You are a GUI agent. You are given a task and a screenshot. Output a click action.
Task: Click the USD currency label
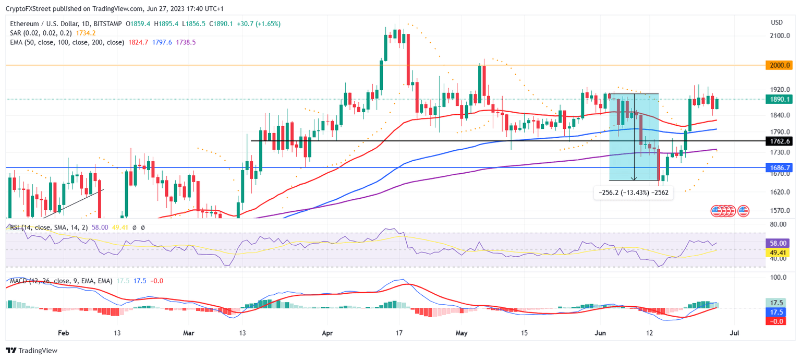pos(776,22)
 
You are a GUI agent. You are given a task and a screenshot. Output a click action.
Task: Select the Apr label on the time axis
pos(327,332)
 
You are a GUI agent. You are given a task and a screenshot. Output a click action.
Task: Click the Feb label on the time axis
pos(63,332)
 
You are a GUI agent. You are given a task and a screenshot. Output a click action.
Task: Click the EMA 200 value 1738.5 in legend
pos(186,42)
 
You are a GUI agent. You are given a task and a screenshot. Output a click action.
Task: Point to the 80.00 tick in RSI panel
pos(779,224)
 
